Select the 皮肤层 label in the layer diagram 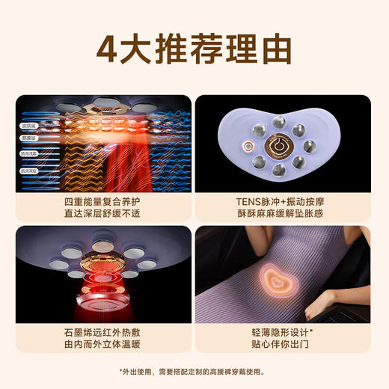(x=29, y=126)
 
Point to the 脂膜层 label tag (x=29, y=138)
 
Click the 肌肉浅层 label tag (x=29, y=153)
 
